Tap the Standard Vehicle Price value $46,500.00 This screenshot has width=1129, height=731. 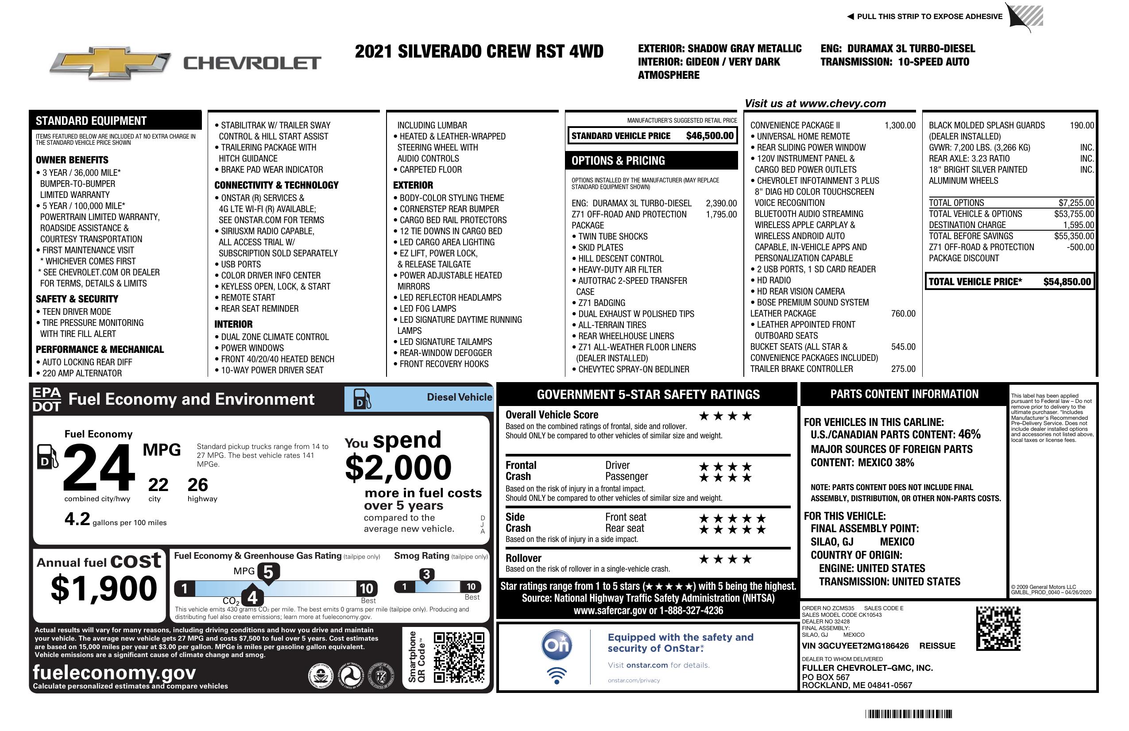[710, 135]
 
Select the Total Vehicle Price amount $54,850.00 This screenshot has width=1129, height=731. [1067, 282]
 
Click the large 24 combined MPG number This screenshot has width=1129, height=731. [99, 467]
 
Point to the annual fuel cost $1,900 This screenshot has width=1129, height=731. [104, 588]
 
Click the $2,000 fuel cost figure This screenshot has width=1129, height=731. [398, 468]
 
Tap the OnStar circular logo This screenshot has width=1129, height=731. [557, 645]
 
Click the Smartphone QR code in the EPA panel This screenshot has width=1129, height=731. [459, 658]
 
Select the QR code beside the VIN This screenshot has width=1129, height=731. [998, 628]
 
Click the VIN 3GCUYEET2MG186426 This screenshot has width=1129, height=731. [855, 646]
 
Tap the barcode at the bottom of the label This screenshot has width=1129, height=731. [909, 714]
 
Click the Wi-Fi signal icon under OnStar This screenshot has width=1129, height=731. [557, 675]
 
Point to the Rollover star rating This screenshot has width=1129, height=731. [725, 559]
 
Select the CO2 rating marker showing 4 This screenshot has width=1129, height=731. [252, 597]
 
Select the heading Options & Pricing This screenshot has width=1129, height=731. [618, 161]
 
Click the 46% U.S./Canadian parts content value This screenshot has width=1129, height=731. [969, 434]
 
